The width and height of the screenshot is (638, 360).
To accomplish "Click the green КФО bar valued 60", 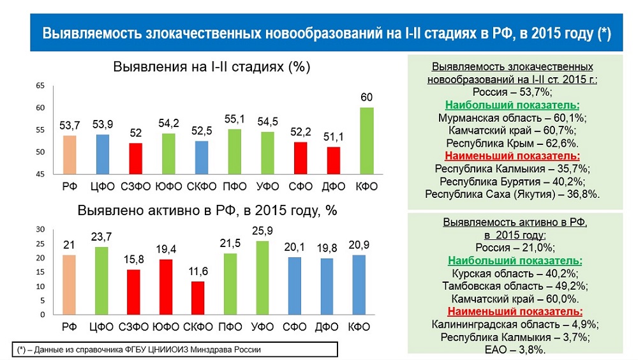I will coord(366,140).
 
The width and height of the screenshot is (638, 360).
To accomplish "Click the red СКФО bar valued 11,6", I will coord(200,298).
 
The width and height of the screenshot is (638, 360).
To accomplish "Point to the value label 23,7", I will coord(102,237).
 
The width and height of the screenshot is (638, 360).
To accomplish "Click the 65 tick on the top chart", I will coord(40,86).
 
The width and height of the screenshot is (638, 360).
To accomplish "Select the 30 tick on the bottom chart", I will coord(40,229).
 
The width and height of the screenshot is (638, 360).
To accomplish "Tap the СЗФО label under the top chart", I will coord(135,186).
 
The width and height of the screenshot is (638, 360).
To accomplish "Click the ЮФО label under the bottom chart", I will coord(167,327).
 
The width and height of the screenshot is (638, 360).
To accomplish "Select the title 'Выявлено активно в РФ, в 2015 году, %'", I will coord(207,211).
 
